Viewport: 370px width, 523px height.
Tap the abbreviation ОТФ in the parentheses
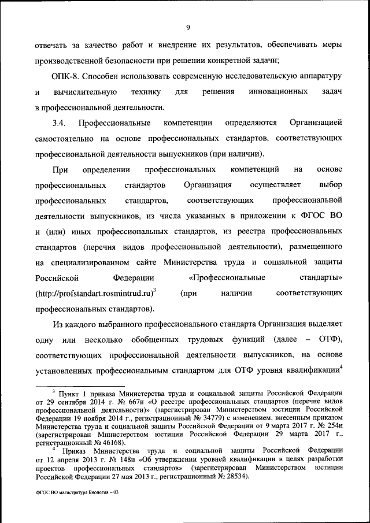pyautogui.click(x=329, y=337)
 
